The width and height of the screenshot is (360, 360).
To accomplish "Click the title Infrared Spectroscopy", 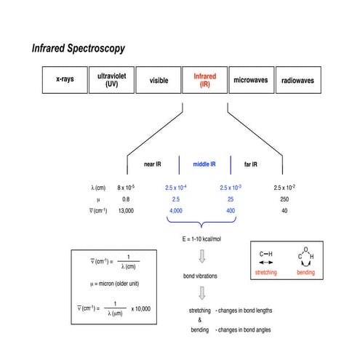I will click(78, 49).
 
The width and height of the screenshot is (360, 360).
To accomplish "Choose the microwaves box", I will click(251, 80).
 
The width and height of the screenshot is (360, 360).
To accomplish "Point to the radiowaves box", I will click(297, 80).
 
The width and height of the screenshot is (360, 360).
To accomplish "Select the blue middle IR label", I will click(204, 164).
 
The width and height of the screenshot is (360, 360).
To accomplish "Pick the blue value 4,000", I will click(175, 210).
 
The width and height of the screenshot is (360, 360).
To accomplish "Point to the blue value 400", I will click(230, 210).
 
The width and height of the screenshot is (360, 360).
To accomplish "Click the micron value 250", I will click(284, 199).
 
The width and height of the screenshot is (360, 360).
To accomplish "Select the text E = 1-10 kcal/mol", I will click(203, 238).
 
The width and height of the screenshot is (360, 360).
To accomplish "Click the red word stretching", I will click(266, 273).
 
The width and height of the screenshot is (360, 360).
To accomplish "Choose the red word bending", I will click(305, 273).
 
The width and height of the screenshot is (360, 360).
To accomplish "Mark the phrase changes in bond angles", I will click(244, 329).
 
